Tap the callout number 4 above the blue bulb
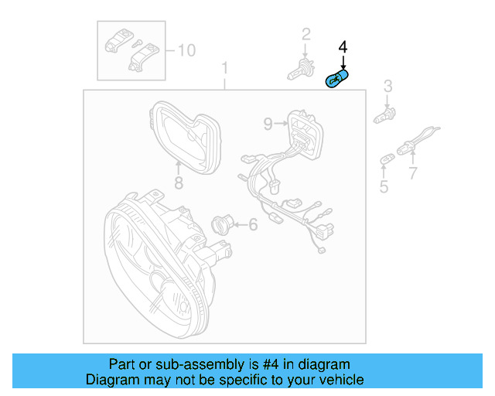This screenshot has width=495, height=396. click(343, 48)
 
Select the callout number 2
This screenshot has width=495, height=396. click(306, 33)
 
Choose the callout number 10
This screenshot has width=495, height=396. click(186, 50)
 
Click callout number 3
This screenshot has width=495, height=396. click(388, 86)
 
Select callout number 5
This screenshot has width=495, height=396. click(384, 186)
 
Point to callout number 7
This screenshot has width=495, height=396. click(413, 174)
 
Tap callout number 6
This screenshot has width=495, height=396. click(252, 225)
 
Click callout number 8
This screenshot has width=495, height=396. click(178, 183)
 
